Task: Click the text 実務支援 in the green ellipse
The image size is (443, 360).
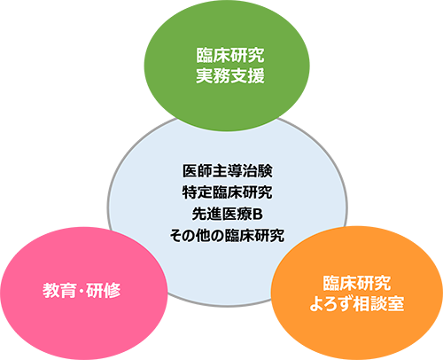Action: (230, 75)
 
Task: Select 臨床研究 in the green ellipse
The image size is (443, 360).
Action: (230, 55)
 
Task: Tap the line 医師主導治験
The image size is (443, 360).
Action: (227, 171)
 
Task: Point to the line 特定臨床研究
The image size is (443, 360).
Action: (227, 192)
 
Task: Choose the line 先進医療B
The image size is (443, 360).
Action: (227, 214)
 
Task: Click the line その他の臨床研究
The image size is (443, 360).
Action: (227, 235)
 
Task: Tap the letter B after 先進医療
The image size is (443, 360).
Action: (258, 215)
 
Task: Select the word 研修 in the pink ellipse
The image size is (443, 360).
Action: (104, 290)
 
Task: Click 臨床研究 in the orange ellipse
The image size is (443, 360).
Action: (357, 283)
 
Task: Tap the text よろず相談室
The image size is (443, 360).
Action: (357, 303)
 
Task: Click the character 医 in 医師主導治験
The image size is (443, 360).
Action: (190, 171)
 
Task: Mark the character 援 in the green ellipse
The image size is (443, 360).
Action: (256, 75)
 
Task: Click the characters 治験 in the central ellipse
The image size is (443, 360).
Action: (257, 171)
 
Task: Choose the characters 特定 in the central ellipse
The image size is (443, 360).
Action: (197, 192)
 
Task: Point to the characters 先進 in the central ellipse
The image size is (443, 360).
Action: (206, 214)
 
